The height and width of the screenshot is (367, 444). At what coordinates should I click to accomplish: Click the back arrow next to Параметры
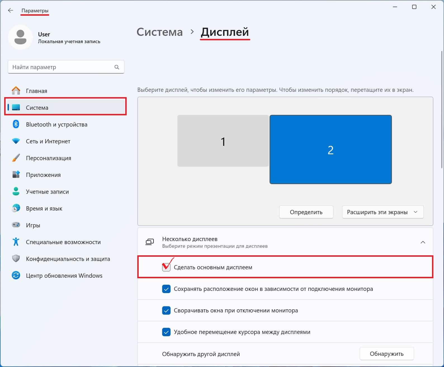point(11,11)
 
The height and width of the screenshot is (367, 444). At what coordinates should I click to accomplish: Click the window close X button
point(433,7)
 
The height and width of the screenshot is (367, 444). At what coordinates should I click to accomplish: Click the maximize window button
point(414,7)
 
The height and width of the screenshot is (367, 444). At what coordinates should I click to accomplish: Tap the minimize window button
point(395,7)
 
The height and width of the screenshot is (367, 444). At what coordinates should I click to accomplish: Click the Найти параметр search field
point(62,67)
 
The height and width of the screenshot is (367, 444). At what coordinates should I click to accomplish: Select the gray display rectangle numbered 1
point(223,141)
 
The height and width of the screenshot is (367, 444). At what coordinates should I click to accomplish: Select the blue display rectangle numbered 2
point(330,149)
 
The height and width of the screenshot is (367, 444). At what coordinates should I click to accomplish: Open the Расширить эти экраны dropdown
point(382,212)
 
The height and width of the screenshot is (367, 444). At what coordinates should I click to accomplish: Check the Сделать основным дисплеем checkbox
point(166,267)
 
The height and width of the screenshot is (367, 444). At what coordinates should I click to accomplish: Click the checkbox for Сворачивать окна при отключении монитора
point(166,310)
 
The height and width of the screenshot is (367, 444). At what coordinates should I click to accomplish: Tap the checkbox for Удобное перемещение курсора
point(166,332)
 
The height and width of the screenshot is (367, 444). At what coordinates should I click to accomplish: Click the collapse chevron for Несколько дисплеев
point(423,242)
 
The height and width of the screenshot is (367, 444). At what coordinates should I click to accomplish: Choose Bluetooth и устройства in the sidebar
point(56,125)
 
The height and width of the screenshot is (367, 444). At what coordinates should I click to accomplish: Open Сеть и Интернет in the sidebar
point(48,141)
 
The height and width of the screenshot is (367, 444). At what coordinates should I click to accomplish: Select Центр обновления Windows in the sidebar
point(64,276)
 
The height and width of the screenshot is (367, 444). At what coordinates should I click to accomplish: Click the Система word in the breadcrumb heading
point(159,32)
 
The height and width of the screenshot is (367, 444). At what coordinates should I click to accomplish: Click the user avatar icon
point(20,37)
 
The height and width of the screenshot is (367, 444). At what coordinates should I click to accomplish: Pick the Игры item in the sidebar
point(33,225)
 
